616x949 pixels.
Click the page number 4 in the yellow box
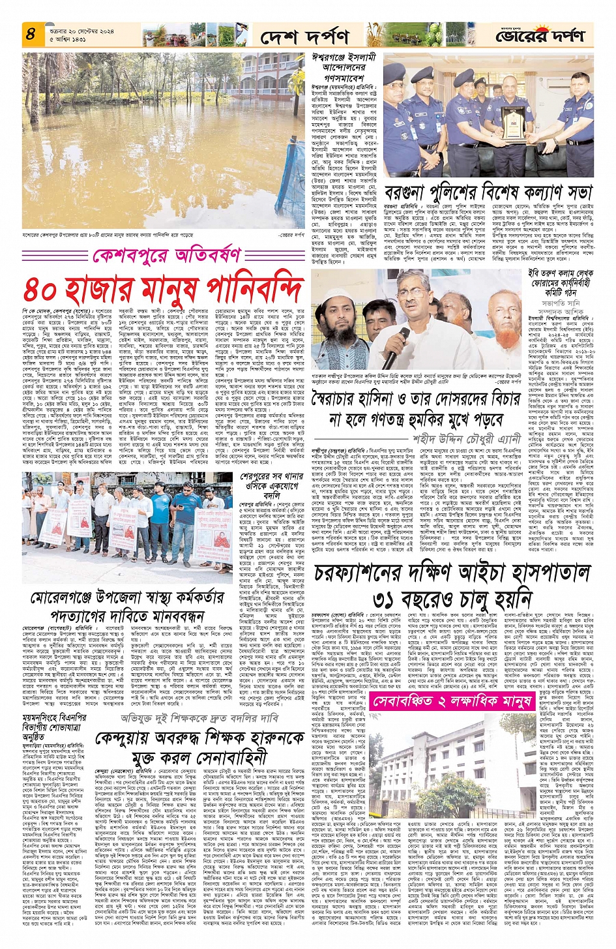tap(31, 33)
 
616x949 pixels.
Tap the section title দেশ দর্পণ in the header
tap(304, 37)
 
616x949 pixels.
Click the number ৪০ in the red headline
tap(46, 289)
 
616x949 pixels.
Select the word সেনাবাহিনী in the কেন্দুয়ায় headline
tap(233, 757)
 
